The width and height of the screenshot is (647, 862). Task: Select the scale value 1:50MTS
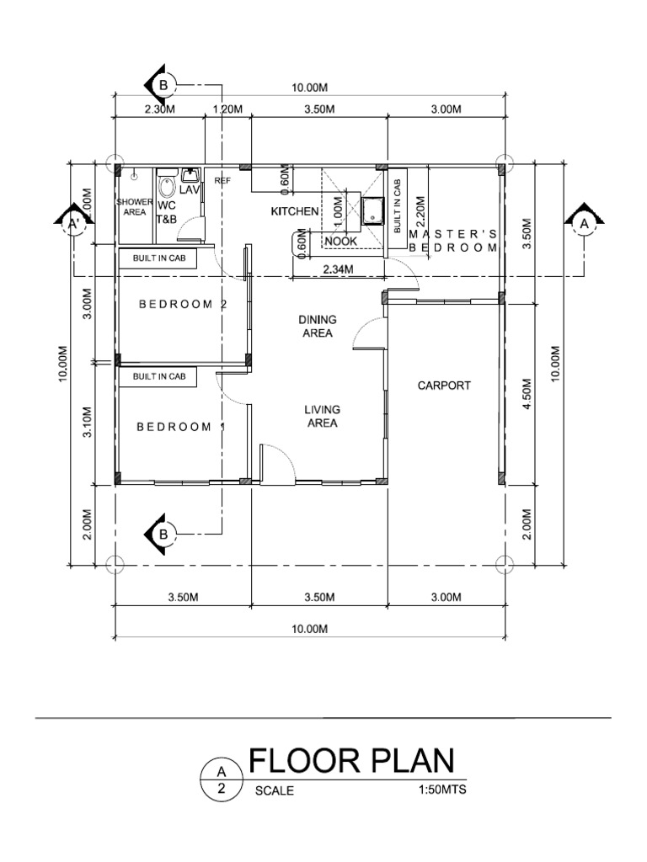coord(441,790)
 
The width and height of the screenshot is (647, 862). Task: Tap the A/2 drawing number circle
coord(222,780)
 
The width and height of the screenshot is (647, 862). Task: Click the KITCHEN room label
coord(293,211)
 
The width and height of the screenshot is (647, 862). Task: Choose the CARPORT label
coord(444,386)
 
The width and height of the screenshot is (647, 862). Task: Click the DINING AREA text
coord(318,326)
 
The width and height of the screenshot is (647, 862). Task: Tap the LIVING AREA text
coord(321,416)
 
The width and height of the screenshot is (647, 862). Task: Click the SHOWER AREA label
coord(135,208)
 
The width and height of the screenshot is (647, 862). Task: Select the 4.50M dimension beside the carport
coord(527,393)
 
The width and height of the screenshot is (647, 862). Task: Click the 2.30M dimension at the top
coord(159,109)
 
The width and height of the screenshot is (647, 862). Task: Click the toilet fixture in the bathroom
coord(167,185)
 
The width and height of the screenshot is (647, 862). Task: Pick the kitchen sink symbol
coord(371,210)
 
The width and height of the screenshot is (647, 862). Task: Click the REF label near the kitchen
coord(222,180)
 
